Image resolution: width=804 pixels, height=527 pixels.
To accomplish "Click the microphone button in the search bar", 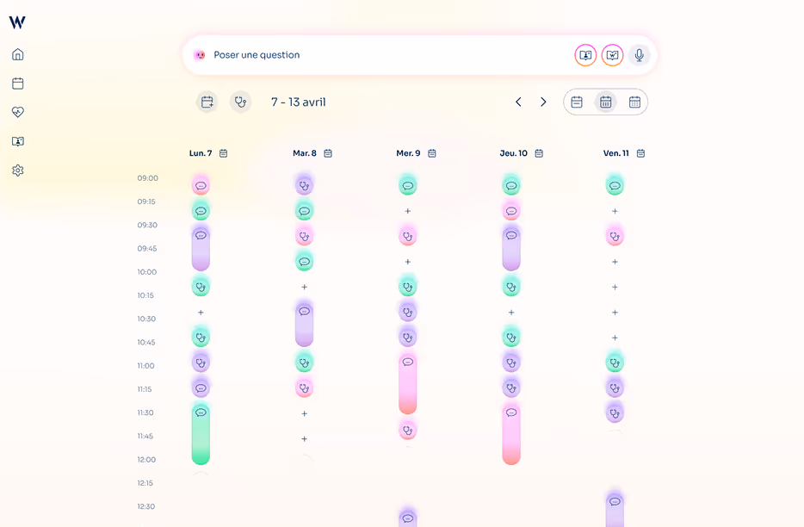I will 639,55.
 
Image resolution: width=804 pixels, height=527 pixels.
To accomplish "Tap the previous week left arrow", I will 518,102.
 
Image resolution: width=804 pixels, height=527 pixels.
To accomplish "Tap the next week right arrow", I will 543,102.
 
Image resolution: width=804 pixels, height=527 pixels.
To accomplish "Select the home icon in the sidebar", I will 17,54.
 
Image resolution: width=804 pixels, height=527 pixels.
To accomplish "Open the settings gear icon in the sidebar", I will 17,170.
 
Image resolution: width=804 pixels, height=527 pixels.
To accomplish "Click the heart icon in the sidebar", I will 17,112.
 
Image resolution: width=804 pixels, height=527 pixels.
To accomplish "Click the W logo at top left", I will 17,22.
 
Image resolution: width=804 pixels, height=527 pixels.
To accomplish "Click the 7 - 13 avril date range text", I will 298,102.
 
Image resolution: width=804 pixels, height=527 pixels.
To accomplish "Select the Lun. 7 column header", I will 201,153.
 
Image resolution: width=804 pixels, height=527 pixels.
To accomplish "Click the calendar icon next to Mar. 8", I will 328,153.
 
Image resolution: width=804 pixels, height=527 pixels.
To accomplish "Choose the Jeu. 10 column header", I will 513,153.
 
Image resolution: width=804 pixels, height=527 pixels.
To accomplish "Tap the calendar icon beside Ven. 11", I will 640,153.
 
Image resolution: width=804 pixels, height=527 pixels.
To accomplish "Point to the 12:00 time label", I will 146,460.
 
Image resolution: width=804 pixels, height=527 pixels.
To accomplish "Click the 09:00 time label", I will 147,178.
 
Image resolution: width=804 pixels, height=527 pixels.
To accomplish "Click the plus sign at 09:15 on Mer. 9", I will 408,211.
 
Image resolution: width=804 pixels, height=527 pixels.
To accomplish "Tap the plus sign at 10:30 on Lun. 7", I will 201,313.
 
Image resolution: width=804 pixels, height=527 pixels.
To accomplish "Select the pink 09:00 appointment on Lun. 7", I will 201,185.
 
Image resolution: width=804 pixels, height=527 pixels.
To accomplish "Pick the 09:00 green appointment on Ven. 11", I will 615,185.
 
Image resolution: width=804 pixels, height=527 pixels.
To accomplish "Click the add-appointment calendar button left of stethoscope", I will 207,102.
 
